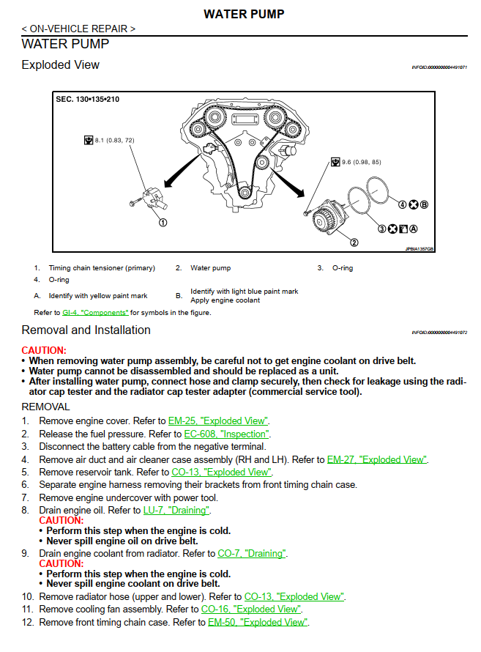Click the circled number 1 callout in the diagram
coord(163,222)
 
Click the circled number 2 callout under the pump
coord(354,242)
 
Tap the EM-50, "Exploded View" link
coord(258,622)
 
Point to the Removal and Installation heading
coord(86,330)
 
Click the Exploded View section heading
coord(61,65)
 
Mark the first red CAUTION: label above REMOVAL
coord(44,351)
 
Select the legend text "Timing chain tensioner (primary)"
coord(102,268)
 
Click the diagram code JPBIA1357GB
coord(420,249)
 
